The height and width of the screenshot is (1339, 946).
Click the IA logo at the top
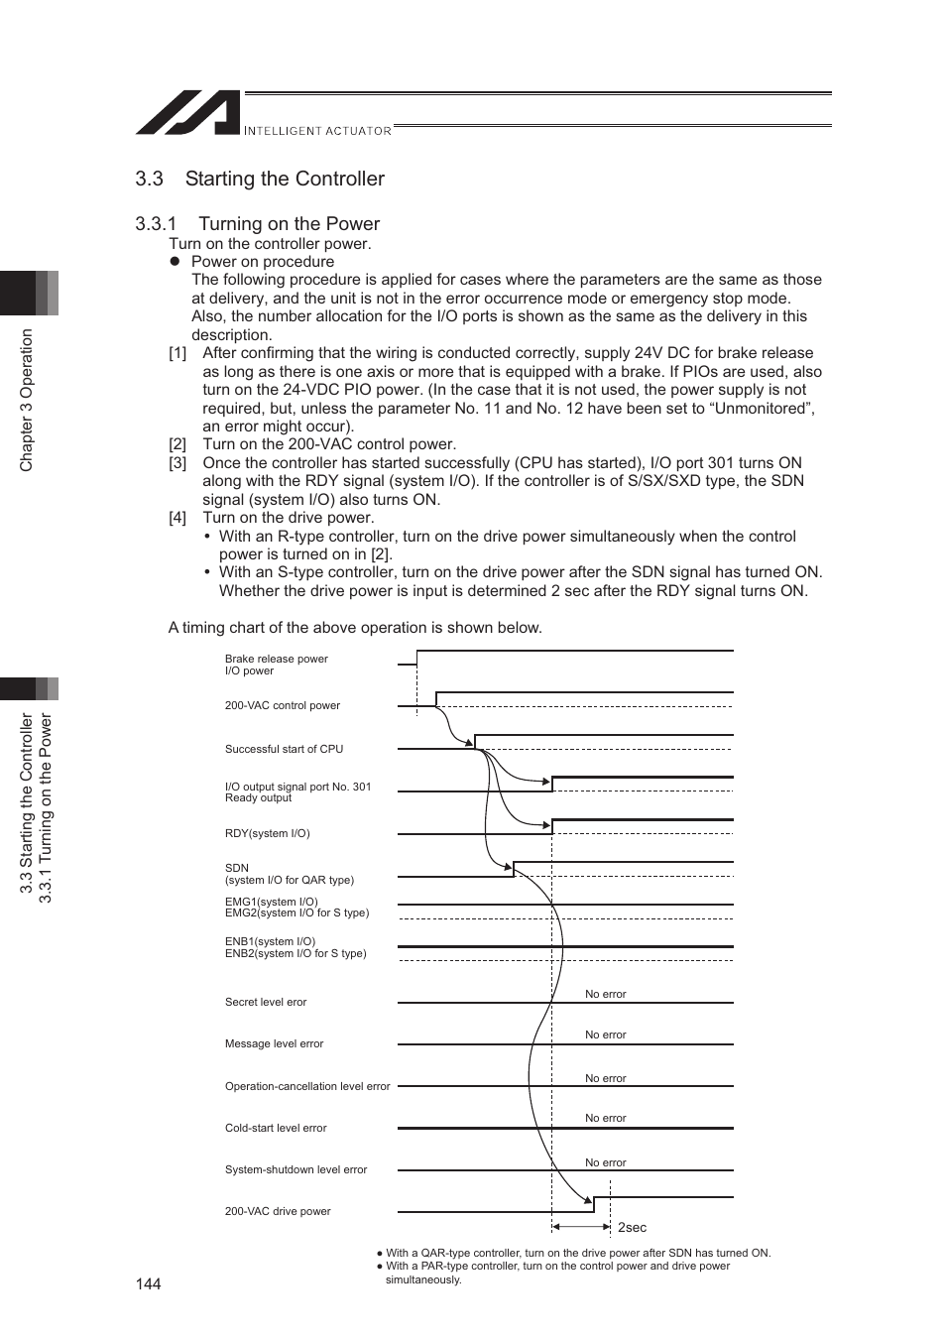coord(188,113)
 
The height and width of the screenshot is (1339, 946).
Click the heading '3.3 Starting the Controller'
coord(260,179)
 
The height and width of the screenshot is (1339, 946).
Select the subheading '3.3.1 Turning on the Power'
coord(258,224)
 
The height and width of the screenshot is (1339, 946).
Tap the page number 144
coord(149,1283)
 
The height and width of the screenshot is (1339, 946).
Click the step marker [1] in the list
coord(177,353)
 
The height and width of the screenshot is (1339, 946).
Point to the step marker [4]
coord(177,518)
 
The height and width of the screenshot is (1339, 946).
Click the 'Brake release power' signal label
coord(276,659)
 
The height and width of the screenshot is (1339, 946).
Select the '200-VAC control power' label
coord(282,705)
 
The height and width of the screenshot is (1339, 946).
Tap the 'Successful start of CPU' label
coord(284,749)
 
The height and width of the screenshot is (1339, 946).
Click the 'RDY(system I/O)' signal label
coord(267,833)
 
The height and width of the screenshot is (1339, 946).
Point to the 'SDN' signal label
coord(237,868)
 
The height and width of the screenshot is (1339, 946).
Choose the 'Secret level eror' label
coord(266,1002)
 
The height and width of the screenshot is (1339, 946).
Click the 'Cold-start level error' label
coord(276,1128)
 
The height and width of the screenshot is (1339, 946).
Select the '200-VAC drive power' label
coord(278,1211)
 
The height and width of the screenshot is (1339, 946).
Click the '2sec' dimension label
coord(632,1227)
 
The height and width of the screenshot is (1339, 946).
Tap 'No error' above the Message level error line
coord(605,1035)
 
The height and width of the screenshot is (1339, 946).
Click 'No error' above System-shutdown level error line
coord(605,1162)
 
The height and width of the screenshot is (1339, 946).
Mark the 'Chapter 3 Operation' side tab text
coord(27,400)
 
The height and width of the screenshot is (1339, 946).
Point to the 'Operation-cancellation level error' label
coord(307,1086)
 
